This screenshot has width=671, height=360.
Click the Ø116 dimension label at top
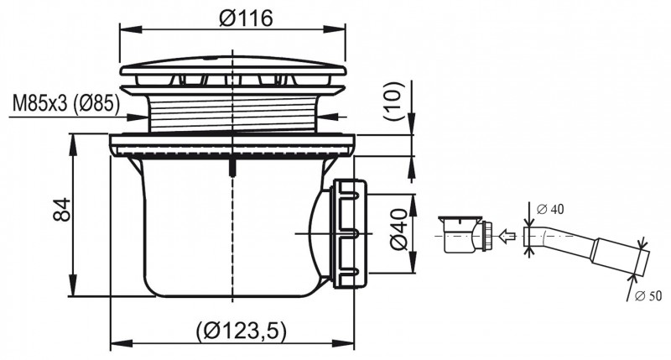[x=233, y=18]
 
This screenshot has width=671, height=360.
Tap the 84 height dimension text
[x=60, y=214]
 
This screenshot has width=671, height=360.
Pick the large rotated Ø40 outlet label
[x=398, y=232]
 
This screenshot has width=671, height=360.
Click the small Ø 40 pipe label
[x=549, y=208]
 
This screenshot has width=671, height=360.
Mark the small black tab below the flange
[x=231, y=165]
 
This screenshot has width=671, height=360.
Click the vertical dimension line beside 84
[x=75, y=214]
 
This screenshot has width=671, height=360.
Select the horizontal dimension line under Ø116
[x=233, y=30]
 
